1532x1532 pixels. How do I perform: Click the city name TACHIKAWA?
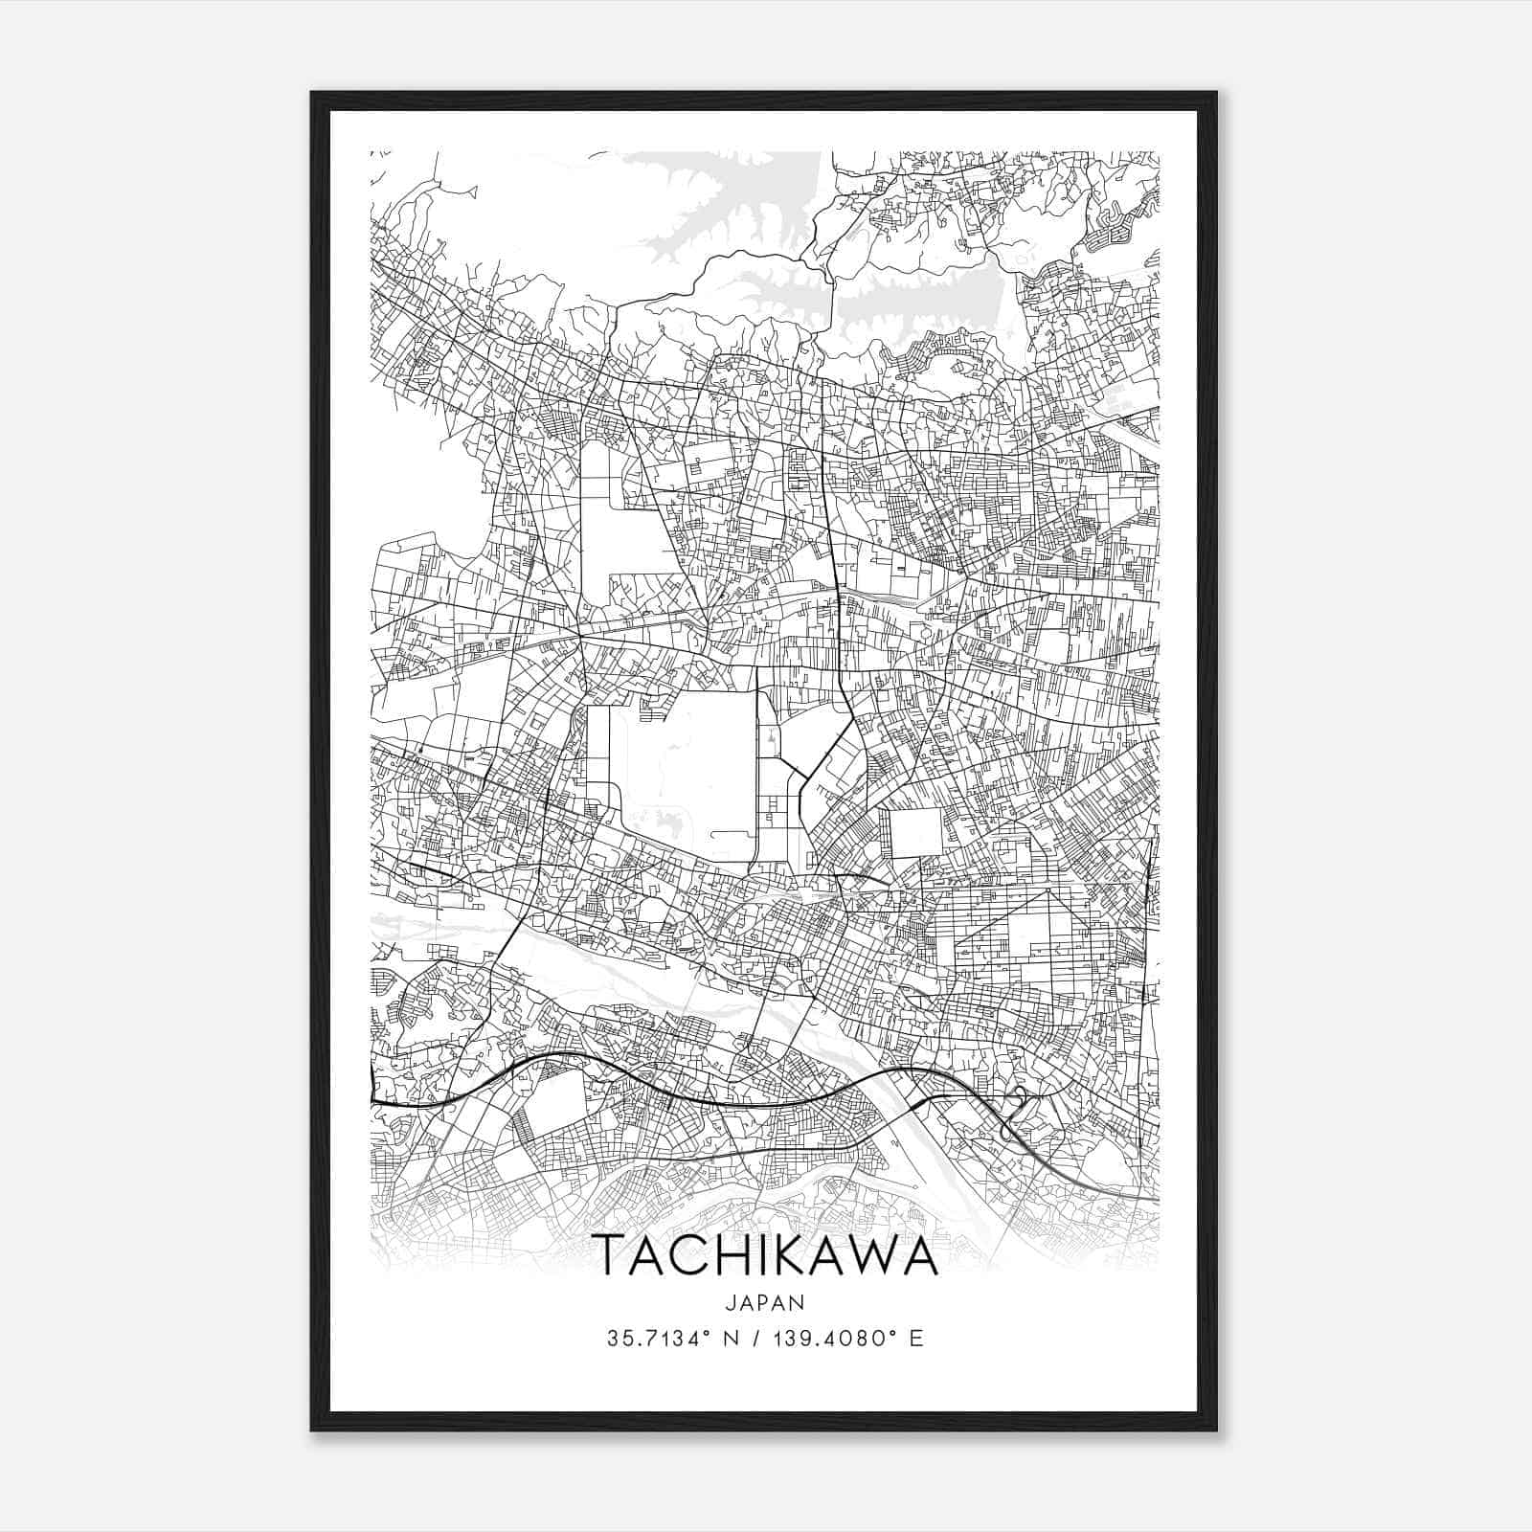765,1256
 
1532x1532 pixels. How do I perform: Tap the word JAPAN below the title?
765,1302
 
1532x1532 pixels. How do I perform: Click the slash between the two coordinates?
762,1339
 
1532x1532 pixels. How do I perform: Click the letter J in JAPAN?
731,1302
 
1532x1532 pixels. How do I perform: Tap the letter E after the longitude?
917,1339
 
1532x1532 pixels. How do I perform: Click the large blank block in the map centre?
685,766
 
